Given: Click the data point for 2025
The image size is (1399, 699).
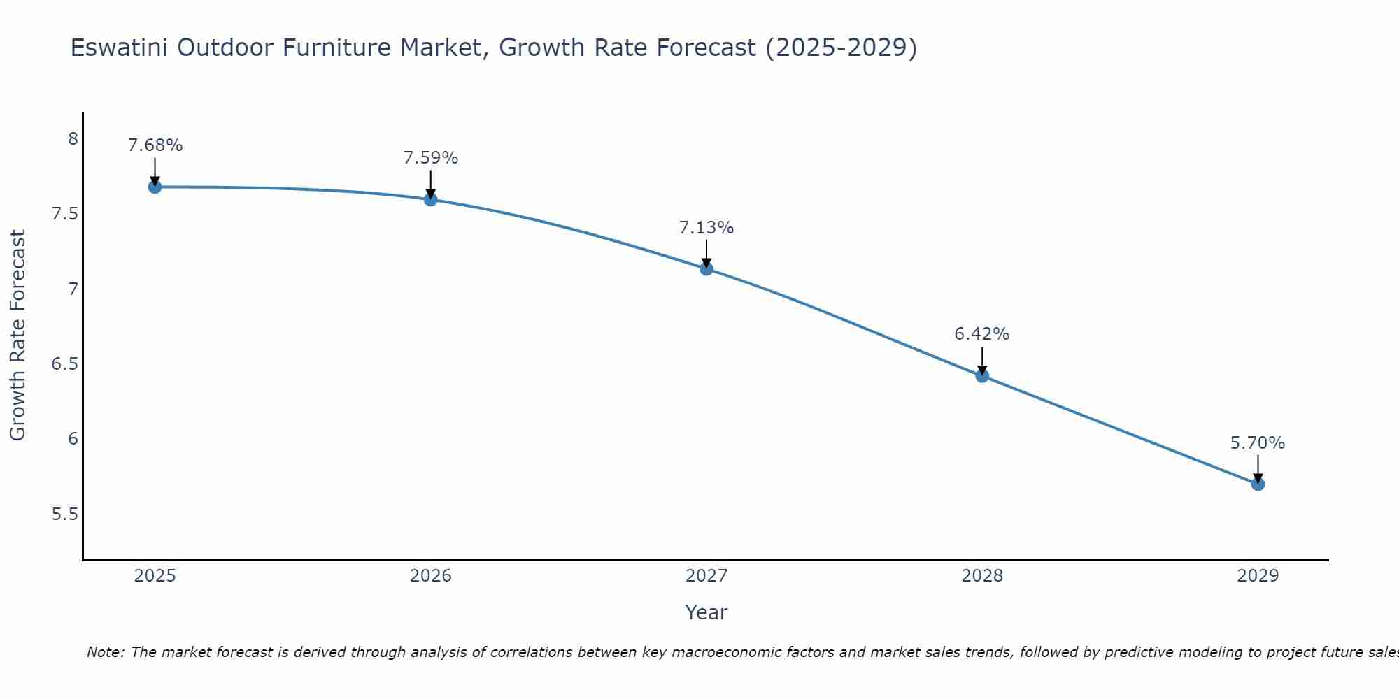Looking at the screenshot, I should pyautogui.click(x=155, y=187).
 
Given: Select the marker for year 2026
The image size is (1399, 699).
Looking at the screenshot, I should pyautogui.click(x=431, y=199).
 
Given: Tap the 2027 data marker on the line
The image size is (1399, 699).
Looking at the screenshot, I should pyautogui.click(x=706, y=268).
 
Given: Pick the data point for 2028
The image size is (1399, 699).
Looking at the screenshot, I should pyautogui.click(x=982, y=375).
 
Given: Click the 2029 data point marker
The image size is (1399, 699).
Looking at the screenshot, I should pyautogui.click(x=1258, y=484).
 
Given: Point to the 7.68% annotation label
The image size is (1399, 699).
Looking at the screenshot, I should pyautogui.click(x=155, y=145).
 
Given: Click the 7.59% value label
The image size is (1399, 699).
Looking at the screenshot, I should pyautogui.click(x=431, y=158).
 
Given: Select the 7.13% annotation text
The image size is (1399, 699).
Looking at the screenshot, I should pyautogui.click(x=706, y=228).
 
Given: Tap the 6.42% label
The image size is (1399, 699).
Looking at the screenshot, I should pyautogui.click(x=982, y=334).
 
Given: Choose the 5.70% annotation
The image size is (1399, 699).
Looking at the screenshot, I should pyautogui.click(x=1258, y=443).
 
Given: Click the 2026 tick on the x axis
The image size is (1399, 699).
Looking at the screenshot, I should pyautogui.click(x=431, y=576).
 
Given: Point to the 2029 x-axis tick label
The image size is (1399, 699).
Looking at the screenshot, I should pyautogui.click(x=1258, y=576).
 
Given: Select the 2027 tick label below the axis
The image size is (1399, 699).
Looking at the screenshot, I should pyautogui.click(x=706, y=576).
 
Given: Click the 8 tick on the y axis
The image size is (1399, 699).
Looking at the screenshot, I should pyautogui.click(x=73, y=139).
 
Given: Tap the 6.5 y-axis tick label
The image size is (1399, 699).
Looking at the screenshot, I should pyautogui.click(x=65, y=364).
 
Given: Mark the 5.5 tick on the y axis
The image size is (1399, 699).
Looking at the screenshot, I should pyautogui.click(x=65, y=514).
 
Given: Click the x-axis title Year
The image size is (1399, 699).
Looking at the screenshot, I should pyautogui.click(x=706, y=612).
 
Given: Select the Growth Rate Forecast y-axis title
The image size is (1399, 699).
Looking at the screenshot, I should pyautogui.click(x=17, y=336).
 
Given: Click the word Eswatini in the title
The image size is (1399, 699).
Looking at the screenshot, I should pyautogui.click(x=120, y=48).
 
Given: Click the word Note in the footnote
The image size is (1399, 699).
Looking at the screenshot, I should pyautogui.click(x=104, y=652).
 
